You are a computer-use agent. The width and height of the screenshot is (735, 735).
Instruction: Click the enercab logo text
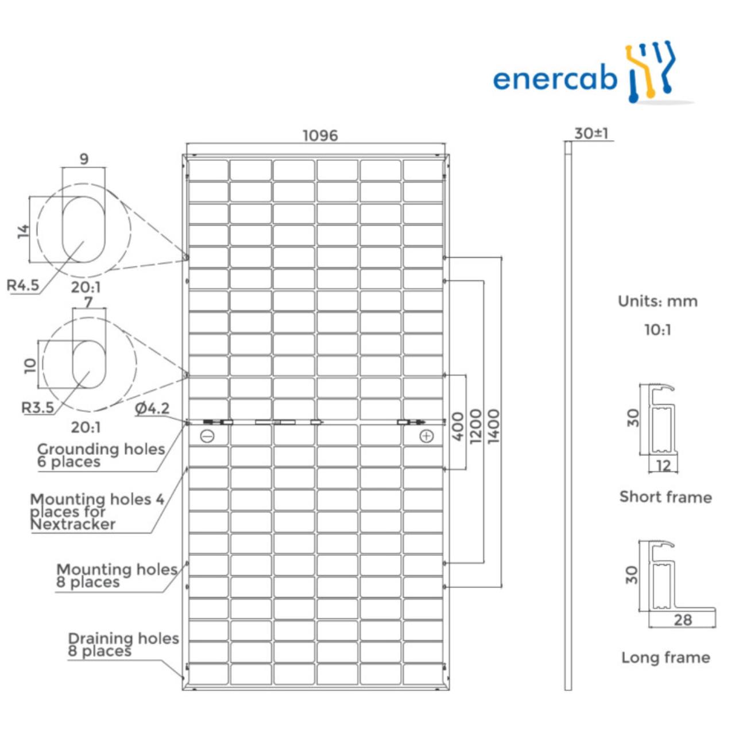click(554, 79)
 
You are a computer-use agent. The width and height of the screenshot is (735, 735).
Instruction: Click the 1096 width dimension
click(320, 136)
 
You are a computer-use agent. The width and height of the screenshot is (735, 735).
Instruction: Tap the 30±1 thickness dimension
click(591, 133)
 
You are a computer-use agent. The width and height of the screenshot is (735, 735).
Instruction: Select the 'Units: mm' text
click(657, 301)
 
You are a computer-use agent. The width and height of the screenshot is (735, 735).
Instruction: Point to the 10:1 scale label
click(657, 330)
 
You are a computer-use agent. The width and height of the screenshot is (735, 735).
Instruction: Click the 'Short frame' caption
click(666, 497)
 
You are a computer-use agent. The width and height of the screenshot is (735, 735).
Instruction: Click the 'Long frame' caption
click(666, 657)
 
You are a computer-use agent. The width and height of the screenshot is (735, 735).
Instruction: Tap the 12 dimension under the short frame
click(663, 465)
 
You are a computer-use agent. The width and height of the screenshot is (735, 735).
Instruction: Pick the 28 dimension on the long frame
click(683, 620)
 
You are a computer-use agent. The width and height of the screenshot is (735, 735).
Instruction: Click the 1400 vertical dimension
click(493, 425)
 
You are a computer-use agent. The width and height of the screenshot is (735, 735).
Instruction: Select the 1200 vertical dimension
click(476, 425)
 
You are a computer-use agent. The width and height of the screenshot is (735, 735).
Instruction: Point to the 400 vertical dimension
click(458, 425)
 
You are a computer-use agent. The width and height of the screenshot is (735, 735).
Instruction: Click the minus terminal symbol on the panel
click(207, 436)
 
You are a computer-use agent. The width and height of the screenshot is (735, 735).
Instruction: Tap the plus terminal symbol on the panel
click(426, 436)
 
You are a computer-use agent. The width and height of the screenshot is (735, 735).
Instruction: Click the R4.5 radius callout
click(23, 285)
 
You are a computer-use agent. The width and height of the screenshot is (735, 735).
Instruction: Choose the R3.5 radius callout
click(37, 408)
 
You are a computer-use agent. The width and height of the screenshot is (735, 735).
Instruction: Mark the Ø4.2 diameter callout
click(152, 408)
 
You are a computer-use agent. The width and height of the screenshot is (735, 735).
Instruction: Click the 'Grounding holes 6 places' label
click(100, 455)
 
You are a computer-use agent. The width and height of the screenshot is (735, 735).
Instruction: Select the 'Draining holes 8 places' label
click(123, 644)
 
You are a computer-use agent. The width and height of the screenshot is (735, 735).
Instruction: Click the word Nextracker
click(73, 524)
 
